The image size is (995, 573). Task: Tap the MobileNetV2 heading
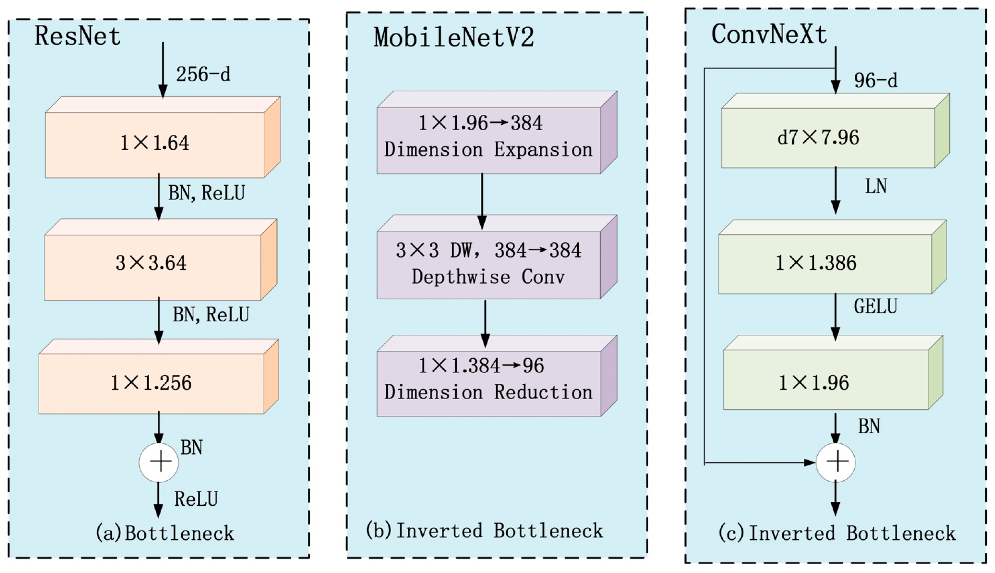coord(454,38)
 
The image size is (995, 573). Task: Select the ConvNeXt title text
coord(769,34)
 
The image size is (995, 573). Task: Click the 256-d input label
coord(203,74)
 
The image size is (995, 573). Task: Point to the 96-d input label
coord(875,80)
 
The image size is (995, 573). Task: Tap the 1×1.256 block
coord(151,383)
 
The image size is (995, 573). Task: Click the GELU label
coord(875,306)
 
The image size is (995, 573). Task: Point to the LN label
coord(875,186)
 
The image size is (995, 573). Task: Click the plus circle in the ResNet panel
coord(159,462)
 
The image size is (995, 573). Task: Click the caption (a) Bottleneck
coord(165,533)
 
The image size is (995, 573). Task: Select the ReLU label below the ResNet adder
coord(196,499)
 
